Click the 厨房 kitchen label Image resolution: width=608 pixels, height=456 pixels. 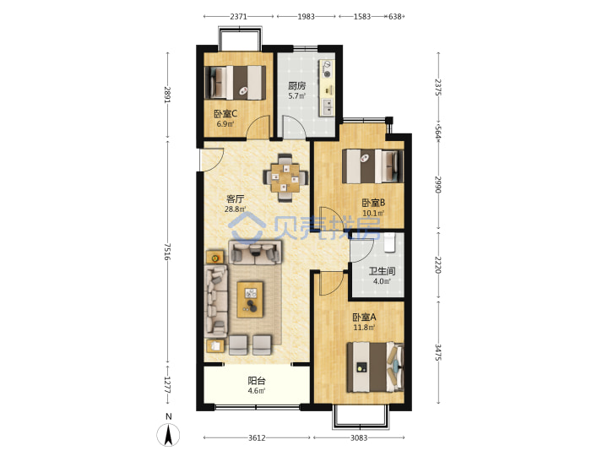coord(296,85)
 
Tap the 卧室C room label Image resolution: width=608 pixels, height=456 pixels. coord(225,114)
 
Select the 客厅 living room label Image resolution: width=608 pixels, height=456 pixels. coord(235,199)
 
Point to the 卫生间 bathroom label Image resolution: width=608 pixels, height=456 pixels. coord(382,271)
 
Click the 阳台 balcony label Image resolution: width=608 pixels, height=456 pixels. coord(257,381)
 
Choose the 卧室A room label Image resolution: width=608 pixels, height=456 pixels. coord(364,318)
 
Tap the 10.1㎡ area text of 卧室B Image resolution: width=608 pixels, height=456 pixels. coord(373,214)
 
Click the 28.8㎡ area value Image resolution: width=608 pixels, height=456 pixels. coord(235,209)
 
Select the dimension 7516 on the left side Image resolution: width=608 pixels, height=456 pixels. coord(167,252)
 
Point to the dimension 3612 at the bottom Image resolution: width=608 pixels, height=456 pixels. coord(257,437)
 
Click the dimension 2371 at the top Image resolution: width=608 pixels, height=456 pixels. coord(238,16)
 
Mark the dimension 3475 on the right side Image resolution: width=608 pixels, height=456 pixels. coord(438,352)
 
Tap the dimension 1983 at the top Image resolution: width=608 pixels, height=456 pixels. coord(306,16)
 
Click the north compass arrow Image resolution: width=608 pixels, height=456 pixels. coord(168,435)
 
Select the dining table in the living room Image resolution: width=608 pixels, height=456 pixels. coord(285,178)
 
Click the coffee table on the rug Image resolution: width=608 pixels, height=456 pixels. coord(250,300)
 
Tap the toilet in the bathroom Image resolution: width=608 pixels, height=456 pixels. coord(389,242)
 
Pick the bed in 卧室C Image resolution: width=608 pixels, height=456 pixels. coord(236,83)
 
